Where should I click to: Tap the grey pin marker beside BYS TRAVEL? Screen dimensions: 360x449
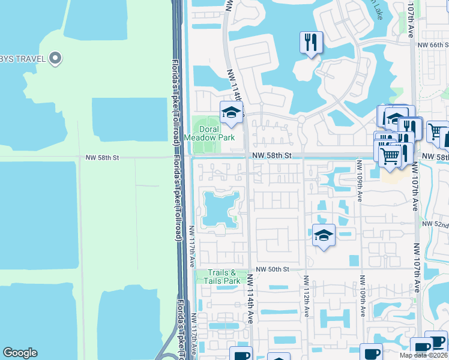point(56,58)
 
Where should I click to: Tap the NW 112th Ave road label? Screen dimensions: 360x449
point(306,296)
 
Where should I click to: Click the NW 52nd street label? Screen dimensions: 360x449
point(435,224)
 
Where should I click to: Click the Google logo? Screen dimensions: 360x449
point(20,353)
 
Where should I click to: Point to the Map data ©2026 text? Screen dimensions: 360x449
point(424,355)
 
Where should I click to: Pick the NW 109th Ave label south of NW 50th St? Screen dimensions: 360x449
point(363,296)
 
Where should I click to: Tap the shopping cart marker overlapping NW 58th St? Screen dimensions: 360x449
point(391,155)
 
